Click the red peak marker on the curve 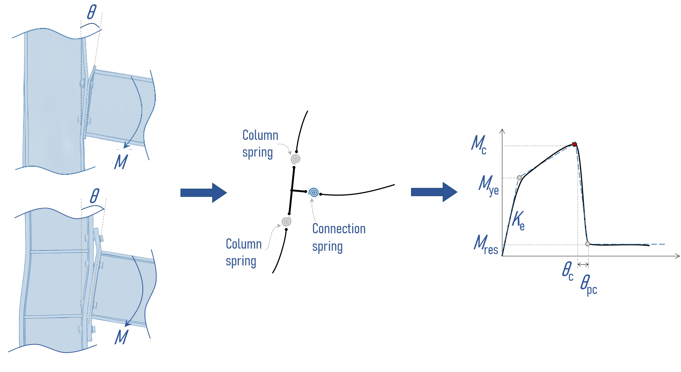point(574,145)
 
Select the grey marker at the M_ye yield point point(519,178)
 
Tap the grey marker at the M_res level point(587,244)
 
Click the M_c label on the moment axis point(479,144)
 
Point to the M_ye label point(488,185)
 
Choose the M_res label point(486,244)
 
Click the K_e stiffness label point(518,220)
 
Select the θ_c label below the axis point(567,271)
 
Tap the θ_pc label point(588,285)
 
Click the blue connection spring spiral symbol point(313,192)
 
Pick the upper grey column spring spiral point(296,159)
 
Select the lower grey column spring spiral point(286,221)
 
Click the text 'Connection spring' point(338,238)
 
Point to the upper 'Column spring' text point(260,144)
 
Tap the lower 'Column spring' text point(243,252)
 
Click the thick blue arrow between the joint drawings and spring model point(203,193)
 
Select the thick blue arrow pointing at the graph point(434,192)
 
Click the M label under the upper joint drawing point(121,162)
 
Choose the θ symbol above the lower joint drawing point(95,196)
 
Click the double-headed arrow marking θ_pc point(583,264)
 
